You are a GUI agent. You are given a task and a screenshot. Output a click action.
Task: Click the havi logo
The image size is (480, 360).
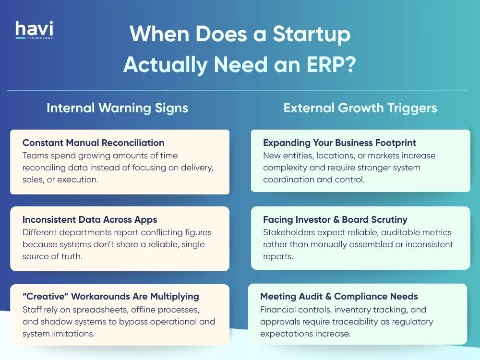click(x=34, y=30)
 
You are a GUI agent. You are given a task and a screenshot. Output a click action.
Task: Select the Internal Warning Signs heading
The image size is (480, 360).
click(x=117, y=108)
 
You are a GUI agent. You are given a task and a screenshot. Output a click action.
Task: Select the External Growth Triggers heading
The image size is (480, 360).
click(x=360, y=108)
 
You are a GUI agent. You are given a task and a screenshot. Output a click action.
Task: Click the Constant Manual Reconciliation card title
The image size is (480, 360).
click(x=93, y=143)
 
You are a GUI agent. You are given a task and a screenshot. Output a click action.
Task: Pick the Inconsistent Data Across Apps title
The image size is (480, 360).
click(x=90, y=219)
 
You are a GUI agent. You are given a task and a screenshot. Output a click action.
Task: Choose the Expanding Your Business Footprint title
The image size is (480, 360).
click(x=339, y=143)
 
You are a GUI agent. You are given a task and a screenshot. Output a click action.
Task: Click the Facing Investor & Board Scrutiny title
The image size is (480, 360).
click(x=335, y=219)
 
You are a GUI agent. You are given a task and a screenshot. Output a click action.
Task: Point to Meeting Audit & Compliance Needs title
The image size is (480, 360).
click(x=339, y=296)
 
